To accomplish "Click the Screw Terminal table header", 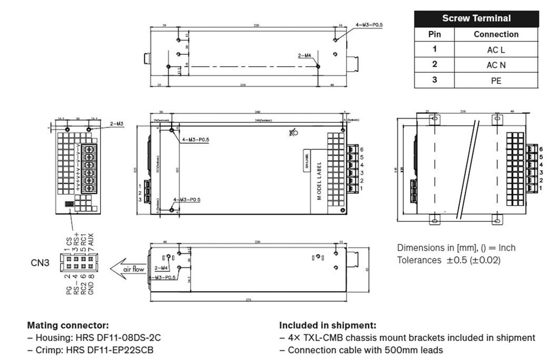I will (x=476, y=18).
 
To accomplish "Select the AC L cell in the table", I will (x=495, y=49).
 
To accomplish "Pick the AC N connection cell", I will (x=495, y=65).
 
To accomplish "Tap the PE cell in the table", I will (x=495, y=80).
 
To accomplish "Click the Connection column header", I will (x=495, y=34).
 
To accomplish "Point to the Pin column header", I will (x=434, y=34).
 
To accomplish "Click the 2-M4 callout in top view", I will (x=305, y=55).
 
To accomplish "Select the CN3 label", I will (x=39, y=263).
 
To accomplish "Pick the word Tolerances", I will (x=418, y=260).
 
